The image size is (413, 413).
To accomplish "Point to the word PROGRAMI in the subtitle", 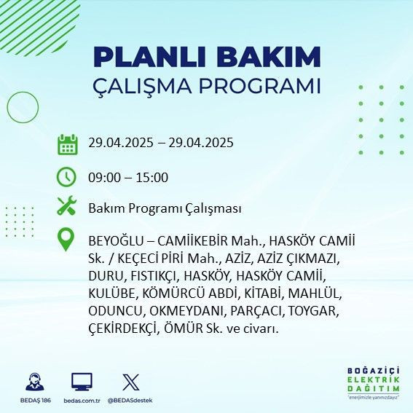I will tap(265, 86).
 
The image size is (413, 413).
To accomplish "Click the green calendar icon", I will tap(67, 144).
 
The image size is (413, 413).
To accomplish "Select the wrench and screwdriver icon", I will tap(67, 207).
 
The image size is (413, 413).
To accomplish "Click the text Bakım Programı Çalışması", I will tap(164, 208).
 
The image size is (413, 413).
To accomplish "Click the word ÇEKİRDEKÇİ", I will tap(122, 329).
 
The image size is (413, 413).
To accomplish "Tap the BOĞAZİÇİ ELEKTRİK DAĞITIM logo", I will tap(374, 382).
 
